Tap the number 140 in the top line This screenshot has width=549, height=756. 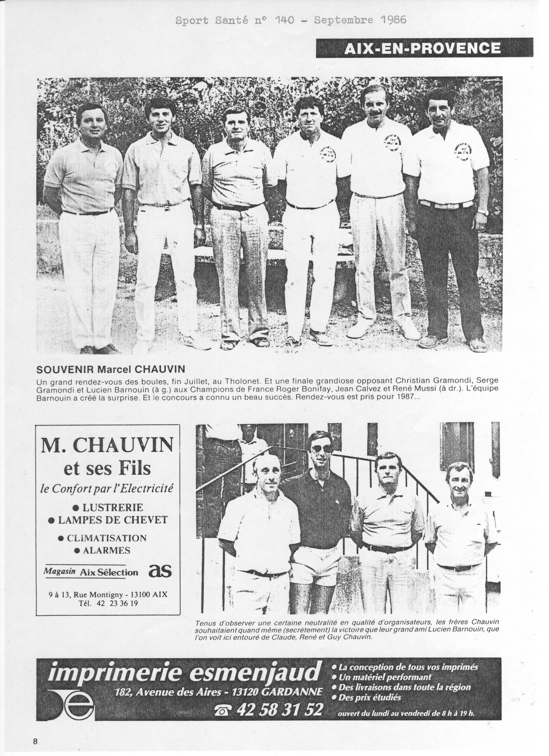click(284, 20)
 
